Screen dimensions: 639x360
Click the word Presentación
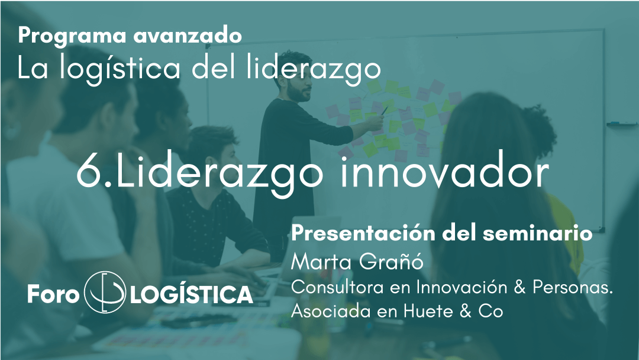[x=363, y=234]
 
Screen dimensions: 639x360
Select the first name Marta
[x=321, y=261]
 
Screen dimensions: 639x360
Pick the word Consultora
[x=337, y=287]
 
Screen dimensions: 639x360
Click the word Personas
[x=573, y=287]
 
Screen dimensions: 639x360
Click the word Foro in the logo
[x=53, y=294]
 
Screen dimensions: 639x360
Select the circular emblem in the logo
[x=105, y=292]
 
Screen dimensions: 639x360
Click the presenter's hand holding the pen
[x=375, y=121]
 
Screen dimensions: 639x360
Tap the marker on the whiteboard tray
[x=621, y=123]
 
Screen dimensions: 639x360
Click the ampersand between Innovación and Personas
[x=519, y=287]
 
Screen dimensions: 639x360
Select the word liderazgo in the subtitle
[x=314, y=69]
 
